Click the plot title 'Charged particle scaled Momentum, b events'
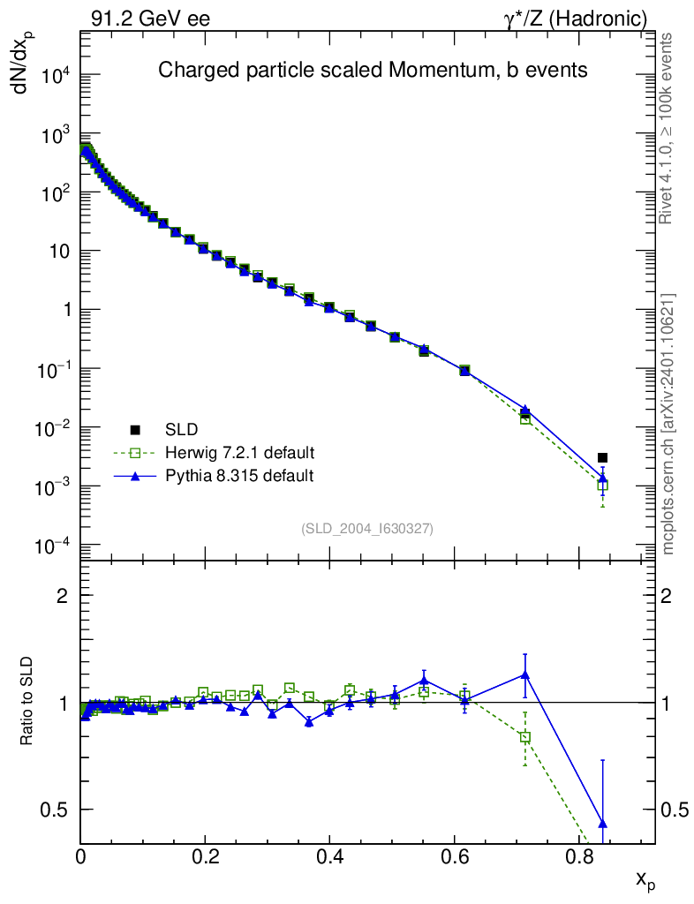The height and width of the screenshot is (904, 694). point(372,71)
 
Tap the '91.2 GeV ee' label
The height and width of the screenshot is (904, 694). point(150,18)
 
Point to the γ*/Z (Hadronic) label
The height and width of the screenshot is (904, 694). point(576,18)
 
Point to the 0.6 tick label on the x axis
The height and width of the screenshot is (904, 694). point(455,855)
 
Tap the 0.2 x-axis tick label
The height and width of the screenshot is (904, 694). point(206,855)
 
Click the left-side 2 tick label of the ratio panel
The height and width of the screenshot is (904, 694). point(62,596)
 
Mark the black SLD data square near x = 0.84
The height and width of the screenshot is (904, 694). point(602,457)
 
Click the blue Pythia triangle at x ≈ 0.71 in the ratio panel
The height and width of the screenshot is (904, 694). point(525,675)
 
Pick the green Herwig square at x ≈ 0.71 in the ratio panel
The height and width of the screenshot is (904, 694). point(525,737)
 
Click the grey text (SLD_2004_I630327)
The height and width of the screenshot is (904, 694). point(367,528)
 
